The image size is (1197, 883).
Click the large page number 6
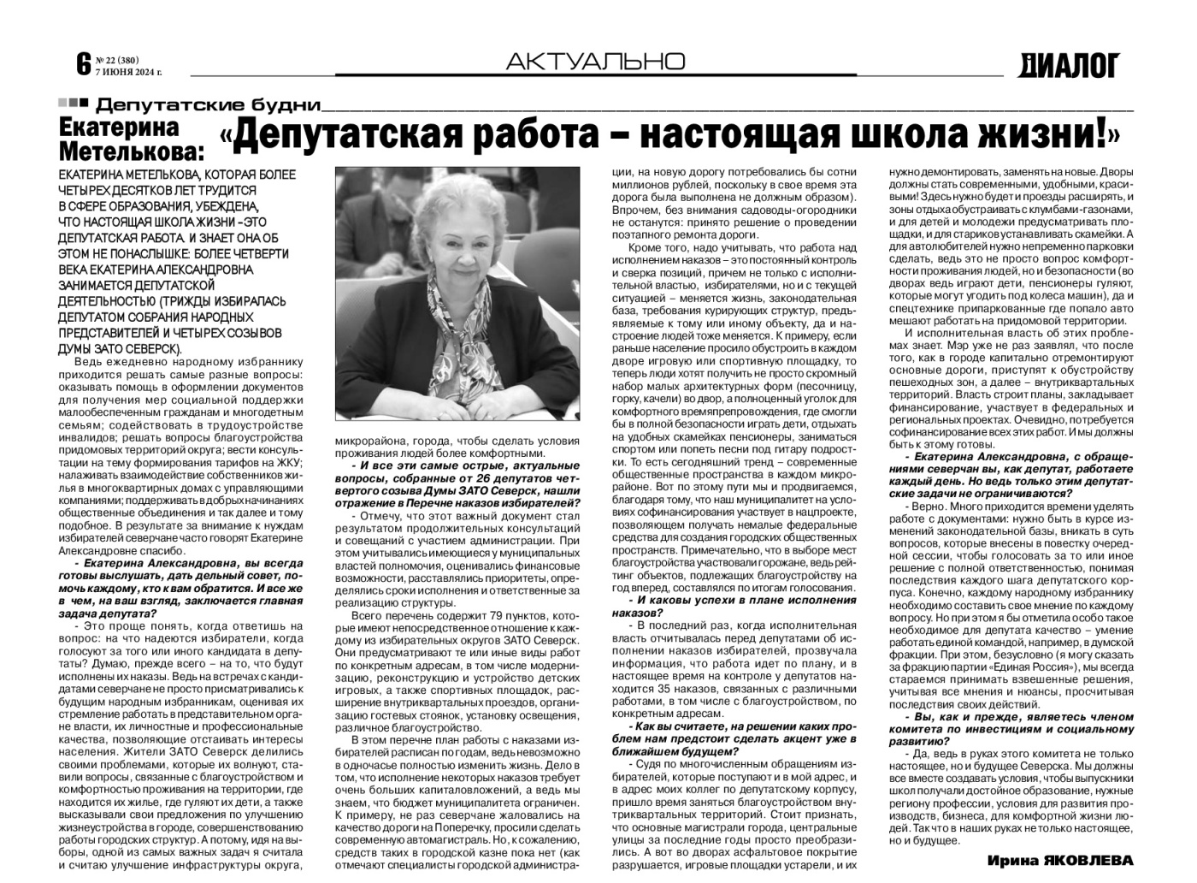pyautogui.click(x=83, y=63)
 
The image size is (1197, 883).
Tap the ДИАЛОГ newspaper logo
pyautogui.click(x=1068, y=64)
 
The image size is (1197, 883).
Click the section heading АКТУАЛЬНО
pyautogui.click(x=595, y=61)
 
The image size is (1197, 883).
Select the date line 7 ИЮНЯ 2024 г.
pyautogui.click(x=128, y=72)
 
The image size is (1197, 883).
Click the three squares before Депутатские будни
pyautogui.click(x=73, y=104)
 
